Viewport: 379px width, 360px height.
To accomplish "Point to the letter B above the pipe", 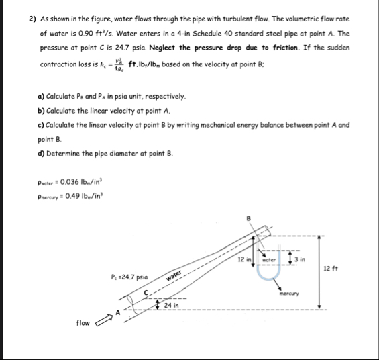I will (x=250, y=218).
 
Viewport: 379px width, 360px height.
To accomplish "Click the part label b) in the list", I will (x=42, y=109).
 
